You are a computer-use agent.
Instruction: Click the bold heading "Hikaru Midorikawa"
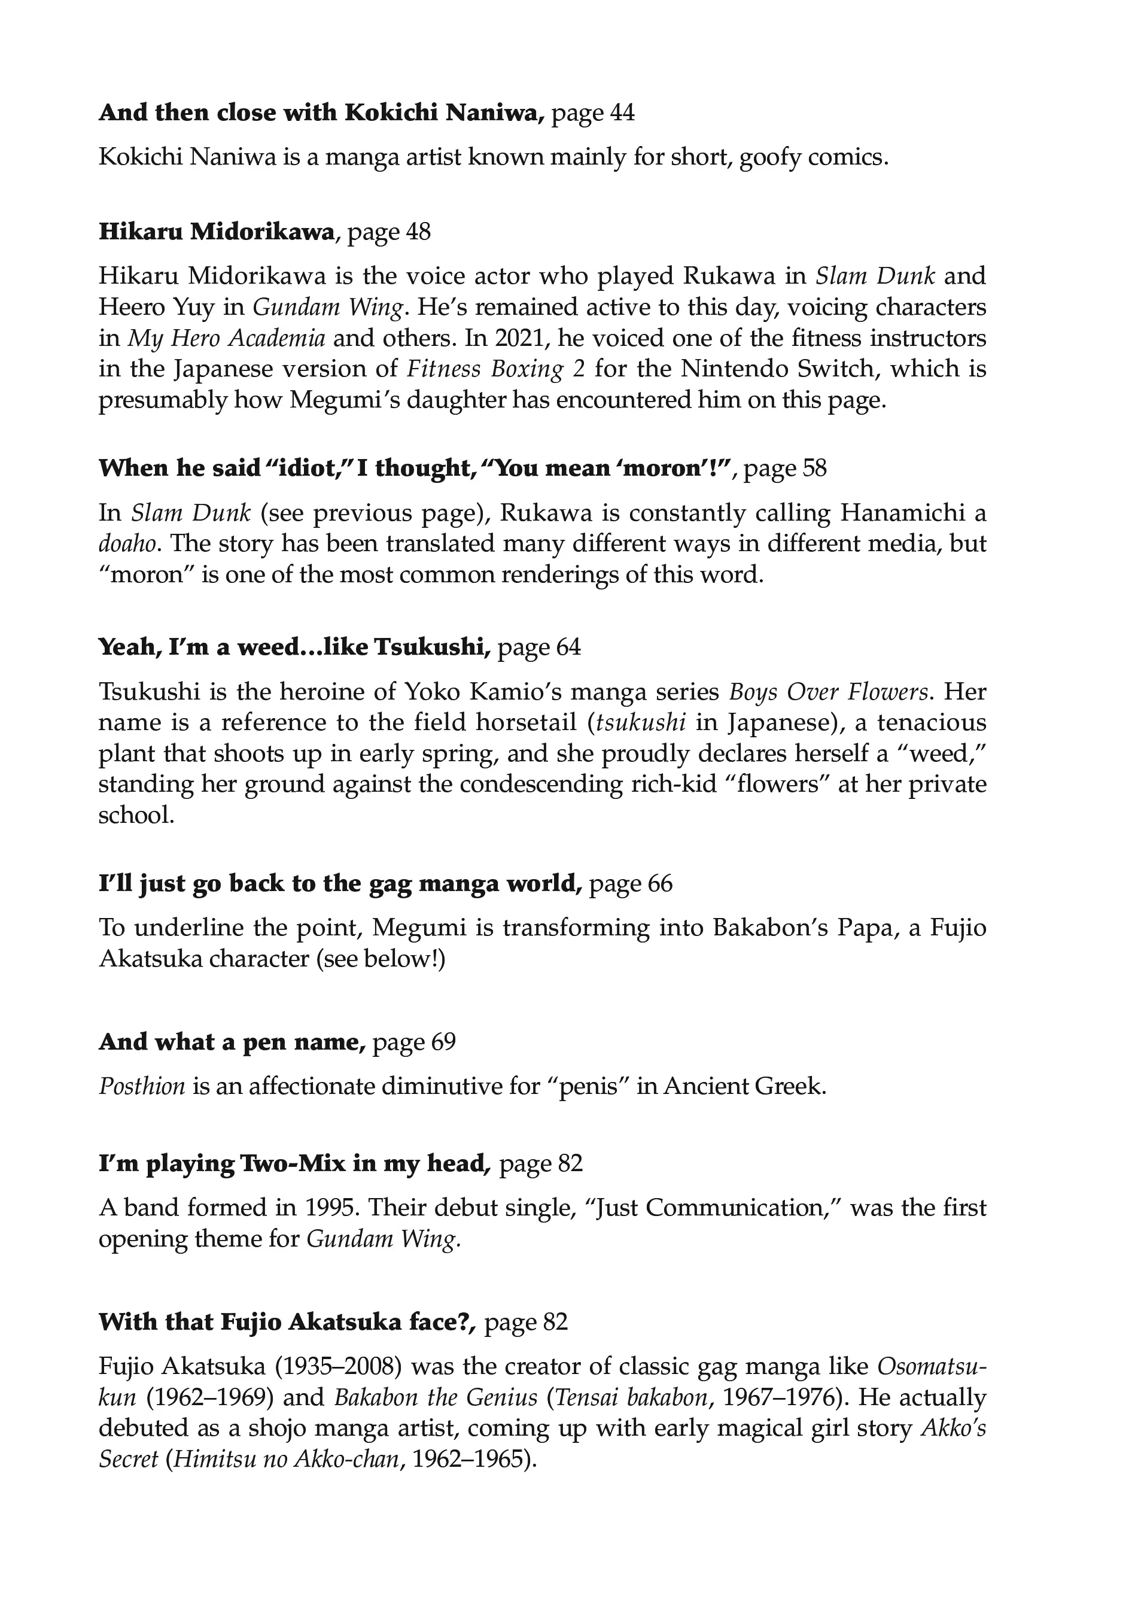tap(216, 232)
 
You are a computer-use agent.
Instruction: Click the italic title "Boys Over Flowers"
tap(828, 692)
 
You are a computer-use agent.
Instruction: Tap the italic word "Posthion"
tap(142, 1086)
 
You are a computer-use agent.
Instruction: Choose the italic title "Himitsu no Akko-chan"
tap(287, 1458)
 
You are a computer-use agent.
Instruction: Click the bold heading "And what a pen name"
tap(232, 1042)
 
